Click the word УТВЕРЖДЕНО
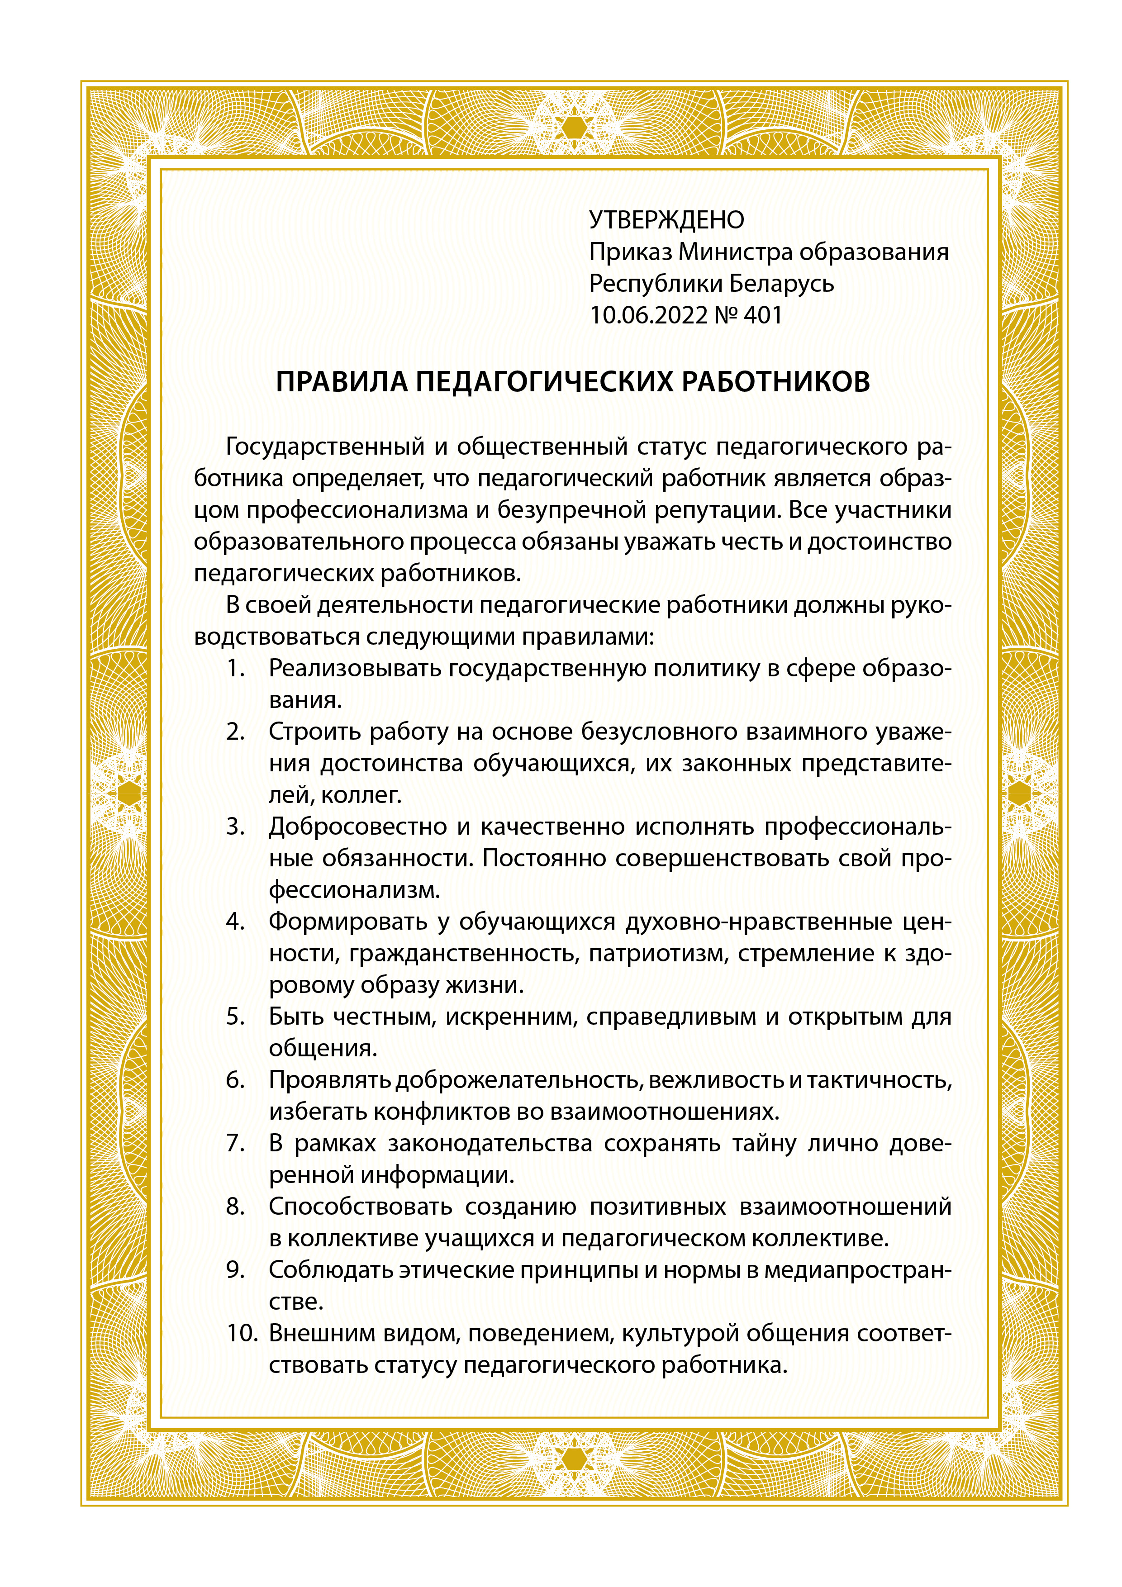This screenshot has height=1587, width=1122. point(666,220)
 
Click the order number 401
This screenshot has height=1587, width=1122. point(763,315)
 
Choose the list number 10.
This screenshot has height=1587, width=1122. point(242,1333)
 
